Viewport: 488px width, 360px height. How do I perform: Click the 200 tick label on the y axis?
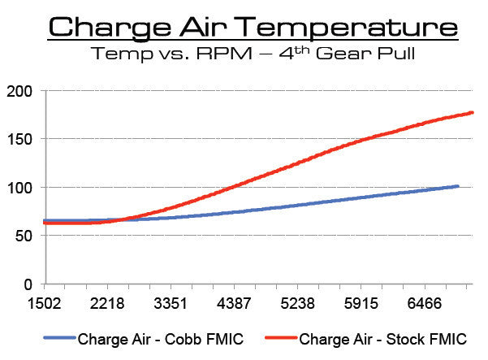point(19,91)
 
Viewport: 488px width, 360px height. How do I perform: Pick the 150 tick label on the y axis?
point(19,139)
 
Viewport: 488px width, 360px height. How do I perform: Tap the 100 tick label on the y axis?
point(19,188)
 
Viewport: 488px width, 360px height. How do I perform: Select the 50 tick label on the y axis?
point(24,236)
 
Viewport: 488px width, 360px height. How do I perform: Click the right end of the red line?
point(473,113)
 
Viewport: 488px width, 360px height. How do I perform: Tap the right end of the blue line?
point(458,186)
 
